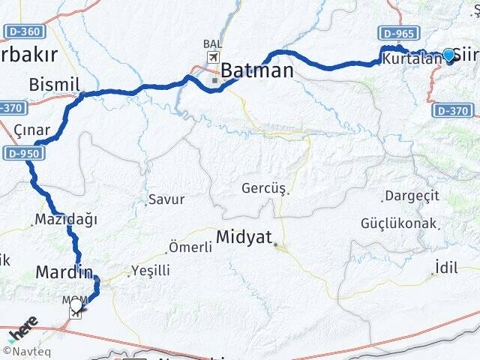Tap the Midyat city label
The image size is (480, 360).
pos(243,237)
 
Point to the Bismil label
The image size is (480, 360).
pos(54,85)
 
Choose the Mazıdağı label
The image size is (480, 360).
pos(66,220)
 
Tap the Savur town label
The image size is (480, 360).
pos(166,199)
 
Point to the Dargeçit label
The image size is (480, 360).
pos(410,196)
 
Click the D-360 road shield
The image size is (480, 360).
pos(24,31)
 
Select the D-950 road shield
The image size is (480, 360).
pos(23,154)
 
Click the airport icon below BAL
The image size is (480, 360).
pos(213,58)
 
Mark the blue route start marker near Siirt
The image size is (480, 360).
pos(448,55)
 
